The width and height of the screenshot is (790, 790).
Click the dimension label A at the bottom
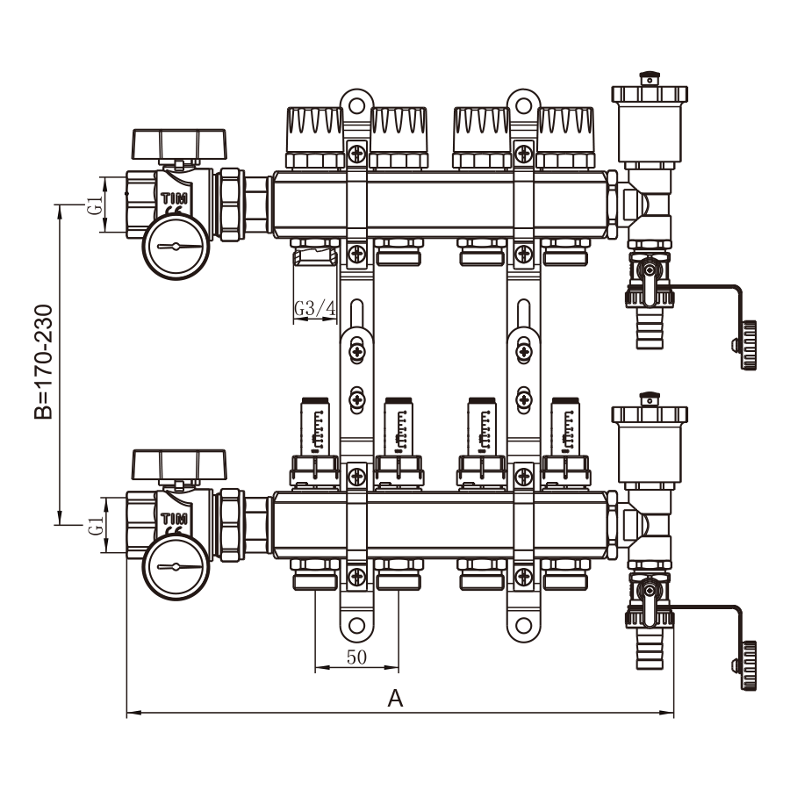(395, 699)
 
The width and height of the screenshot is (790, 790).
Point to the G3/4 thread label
(314, 308)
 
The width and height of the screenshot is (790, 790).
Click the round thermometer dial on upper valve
(176, 247)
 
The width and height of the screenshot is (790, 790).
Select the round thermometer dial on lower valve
(176, 567)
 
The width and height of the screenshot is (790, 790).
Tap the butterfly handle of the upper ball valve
(178, 142)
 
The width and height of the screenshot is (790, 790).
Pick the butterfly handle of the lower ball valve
(178, 463)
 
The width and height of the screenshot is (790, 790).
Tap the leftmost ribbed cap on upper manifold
(314, 136)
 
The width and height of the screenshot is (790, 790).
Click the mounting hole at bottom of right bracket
(523, 627)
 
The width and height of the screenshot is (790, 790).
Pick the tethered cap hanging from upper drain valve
(748, 345)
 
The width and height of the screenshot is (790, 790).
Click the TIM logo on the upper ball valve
(172, 197)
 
